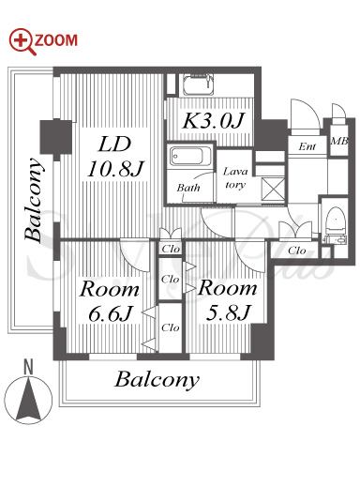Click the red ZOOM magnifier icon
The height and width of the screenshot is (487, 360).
point(22,42)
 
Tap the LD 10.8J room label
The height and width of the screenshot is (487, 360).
point(114,157)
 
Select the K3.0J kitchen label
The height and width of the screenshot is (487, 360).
point(213,120)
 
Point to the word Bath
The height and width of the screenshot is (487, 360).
point(188,188)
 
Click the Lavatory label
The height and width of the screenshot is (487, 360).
point(235,177)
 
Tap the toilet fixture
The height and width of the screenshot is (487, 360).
point(335,225)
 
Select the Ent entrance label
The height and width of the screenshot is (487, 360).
point(307,146)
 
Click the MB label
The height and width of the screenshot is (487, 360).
point(339,142)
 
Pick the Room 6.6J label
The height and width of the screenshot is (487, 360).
point(109,301)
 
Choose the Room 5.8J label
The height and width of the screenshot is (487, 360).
point(227,299)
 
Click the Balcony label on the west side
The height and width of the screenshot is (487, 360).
point(34,200)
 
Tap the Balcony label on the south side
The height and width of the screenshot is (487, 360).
point(157,380)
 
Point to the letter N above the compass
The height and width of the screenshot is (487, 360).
point(28,367)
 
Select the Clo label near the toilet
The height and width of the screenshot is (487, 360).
point(296,251)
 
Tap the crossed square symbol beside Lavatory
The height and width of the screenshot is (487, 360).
point(273,189)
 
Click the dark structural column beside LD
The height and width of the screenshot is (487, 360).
point(56,137)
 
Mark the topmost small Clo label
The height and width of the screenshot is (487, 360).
point(171,249)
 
